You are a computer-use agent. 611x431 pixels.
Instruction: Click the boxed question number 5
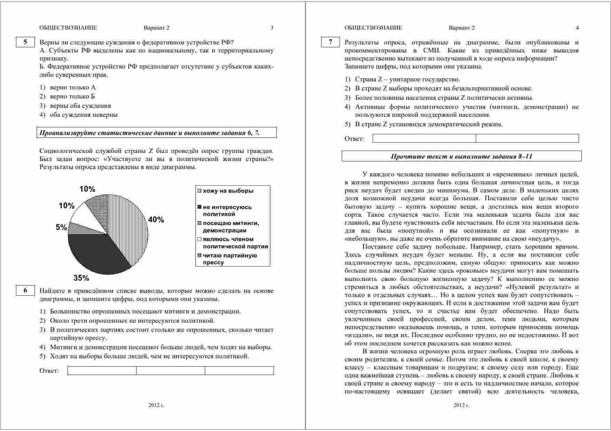click(25, 42)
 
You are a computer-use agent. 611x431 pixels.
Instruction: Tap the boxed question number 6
click(25, 290)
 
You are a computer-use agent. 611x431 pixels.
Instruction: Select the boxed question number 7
click(330, 42)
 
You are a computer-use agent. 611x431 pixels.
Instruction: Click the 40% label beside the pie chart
click(156, 220)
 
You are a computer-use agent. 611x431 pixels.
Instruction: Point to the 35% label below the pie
click(81, 278)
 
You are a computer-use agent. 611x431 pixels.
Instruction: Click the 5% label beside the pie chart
click(61, 228)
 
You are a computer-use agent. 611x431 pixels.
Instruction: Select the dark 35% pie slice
click(98, 254)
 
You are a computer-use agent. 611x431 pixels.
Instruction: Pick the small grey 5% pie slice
click(74, 229)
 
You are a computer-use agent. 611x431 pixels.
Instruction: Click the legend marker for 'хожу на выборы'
click(199, 191)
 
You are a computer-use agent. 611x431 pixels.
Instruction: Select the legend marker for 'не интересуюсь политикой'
click(199, 207)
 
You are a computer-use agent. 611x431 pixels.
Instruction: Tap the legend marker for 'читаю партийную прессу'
click(199, 256)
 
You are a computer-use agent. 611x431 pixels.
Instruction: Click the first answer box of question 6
click(102, 370)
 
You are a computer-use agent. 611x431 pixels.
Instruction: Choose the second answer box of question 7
click(527, 138)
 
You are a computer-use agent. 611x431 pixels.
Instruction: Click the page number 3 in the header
click(272, 28)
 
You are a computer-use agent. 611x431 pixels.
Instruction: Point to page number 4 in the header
click(577, 28)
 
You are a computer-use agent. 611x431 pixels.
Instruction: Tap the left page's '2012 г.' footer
click(156, 405)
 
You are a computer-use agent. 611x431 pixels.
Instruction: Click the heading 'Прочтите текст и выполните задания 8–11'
click(462, 156)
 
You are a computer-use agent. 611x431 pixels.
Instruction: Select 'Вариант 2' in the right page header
click(462, 28)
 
